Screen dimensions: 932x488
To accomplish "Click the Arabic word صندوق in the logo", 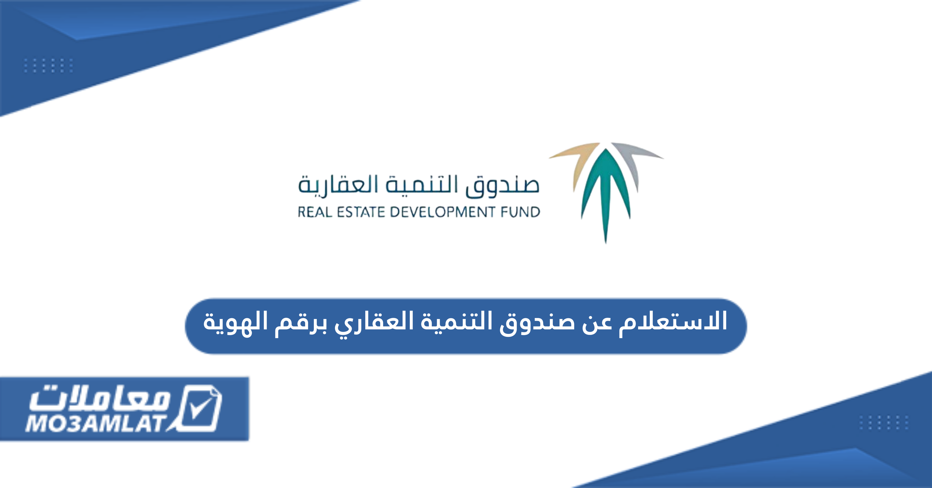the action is (x=502, y=186).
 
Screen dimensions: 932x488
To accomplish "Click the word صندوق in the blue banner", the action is (x=538, y=323).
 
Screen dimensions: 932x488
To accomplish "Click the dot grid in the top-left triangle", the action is (x=48, y=65).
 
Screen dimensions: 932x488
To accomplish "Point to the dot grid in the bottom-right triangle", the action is (x=884, y=422).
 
